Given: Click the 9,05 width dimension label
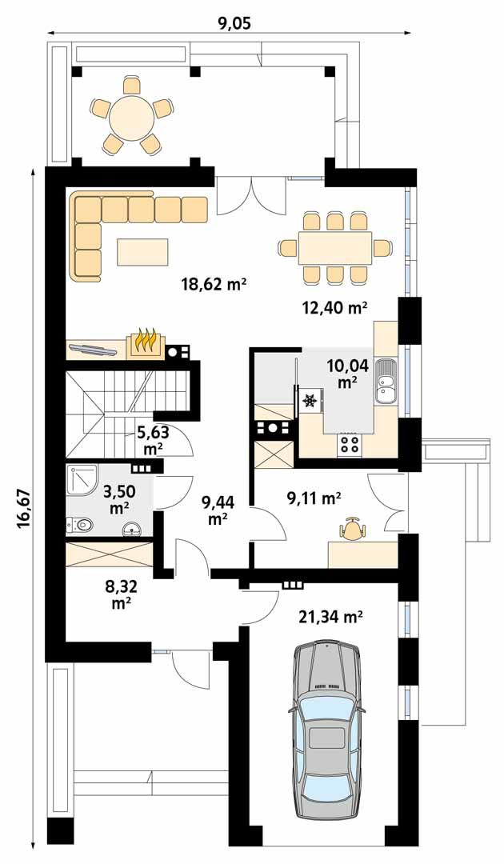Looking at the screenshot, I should (234, 22).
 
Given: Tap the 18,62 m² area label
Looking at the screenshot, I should (213, 284).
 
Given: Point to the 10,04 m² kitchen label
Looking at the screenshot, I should (346, 374).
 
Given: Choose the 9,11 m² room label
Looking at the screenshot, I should (314, 498).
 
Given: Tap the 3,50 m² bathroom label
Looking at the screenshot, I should (118, 496).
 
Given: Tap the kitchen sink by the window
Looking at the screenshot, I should (386, 381).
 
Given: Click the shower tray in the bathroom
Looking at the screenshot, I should (83, 483).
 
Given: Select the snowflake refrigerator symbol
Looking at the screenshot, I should (309, 399).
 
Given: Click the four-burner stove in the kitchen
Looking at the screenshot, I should (350, 442).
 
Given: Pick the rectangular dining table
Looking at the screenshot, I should (335, 248).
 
